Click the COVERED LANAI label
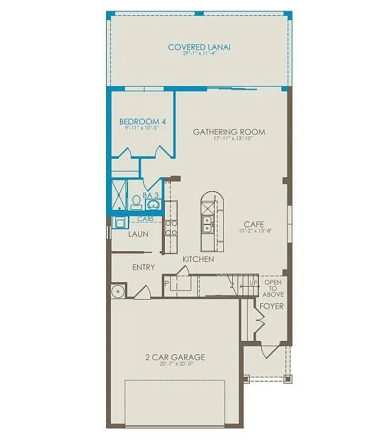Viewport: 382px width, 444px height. pyautogui.click(x=199, y=47)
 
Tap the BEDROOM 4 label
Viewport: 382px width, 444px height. pyautogui.click(x=142, y=121)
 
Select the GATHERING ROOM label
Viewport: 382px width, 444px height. pyautogui.click(x=229, y=132)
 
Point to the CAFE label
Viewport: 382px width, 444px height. pyautogui.click(x=254, y=224)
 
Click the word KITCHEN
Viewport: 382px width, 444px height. pyautogui.click(x=198, y=259)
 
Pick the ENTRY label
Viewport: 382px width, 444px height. pyautogui.click(x=144, y=267)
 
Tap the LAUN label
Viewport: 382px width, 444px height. pyautogui.click(x=138, y=233)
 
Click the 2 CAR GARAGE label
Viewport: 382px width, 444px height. pyautogui.click(x=175, y=357)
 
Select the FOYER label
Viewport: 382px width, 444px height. pyautogui.click(x=272, y=306)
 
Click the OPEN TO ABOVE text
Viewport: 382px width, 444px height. pyautogui.click(x=273, y=288)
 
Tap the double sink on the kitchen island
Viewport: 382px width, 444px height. pyautogui.click(x=207, y=225)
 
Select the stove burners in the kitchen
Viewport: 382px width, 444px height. pyautogui.click(x=171, y=227)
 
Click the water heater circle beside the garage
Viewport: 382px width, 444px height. pyautogui.click(x=118, y=291)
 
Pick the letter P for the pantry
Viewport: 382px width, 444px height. pyautogui.click(x=166, y=283)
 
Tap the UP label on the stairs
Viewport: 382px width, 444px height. pyautogui.click(x=253, y=283)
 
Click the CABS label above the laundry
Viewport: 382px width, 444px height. pyautogui.click(x=146, y=218)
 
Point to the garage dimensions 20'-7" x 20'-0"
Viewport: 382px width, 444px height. pyautogui.click(x=175, y=365)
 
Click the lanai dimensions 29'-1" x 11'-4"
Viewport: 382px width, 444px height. pyautogui.click(x=199, y=54)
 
